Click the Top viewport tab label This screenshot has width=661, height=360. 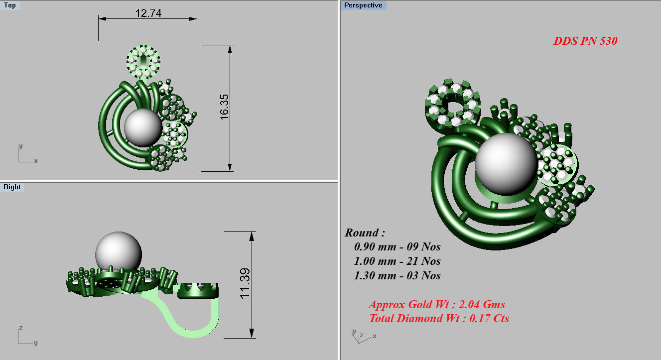point(10,5)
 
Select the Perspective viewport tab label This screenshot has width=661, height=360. point(364,5)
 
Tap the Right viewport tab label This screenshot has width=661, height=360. point(12,187)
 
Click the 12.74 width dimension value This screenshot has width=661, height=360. point(148,13)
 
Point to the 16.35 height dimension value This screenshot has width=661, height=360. point(224,107)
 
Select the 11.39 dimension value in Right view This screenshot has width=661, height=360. point(246,284)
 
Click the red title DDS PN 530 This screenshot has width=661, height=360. point(585,41)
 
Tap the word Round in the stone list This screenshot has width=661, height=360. point(365,233)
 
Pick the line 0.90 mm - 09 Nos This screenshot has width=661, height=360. point(397,246)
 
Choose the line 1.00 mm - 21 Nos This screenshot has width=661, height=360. point(397,261)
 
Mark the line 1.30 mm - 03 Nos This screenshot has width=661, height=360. point(397,275)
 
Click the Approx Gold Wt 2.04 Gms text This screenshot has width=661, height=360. point(437,304)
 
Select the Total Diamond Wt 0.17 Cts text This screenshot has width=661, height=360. point(439,318)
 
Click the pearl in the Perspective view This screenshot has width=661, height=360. point(505,162)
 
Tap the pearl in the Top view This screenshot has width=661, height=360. point(143,128)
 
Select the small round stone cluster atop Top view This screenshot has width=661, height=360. point(143,61)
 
